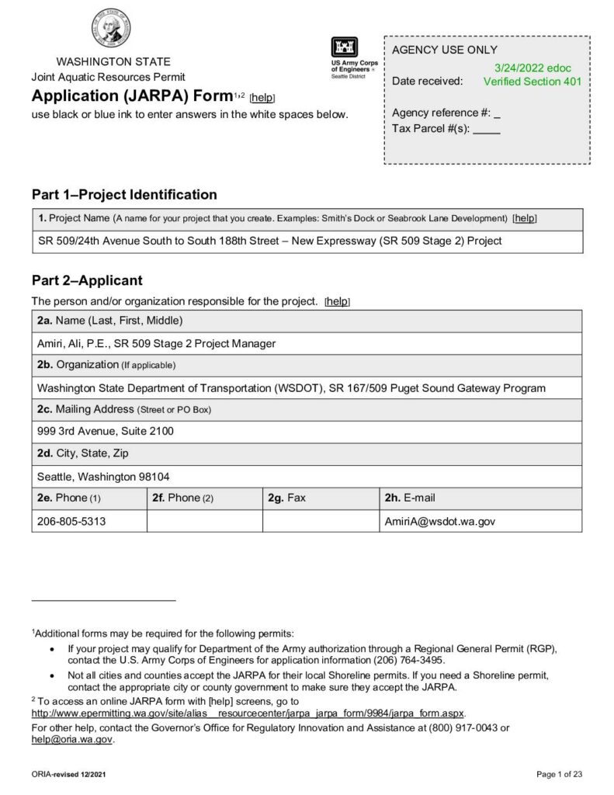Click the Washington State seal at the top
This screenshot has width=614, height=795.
pos(109,29)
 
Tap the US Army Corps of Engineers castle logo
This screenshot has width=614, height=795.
pos(345,47)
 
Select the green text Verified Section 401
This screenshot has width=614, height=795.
pos(532,82)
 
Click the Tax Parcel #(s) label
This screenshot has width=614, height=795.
pos(431,128)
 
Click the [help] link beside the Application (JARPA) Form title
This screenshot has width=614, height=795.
pos(262,98)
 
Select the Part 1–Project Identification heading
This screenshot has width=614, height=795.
pos(124,194)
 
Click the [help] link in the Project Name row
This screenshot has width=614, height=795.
pos(525,218)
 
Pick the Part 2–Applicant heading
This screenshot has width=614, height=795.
pos(87,280)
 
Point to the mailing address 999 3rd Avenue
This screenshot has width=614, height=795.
pos(106,431)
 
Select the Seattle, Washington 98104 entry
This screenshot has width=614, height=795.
pos(103,476)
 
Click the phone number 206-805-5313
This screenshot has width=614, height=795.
pos(71,521)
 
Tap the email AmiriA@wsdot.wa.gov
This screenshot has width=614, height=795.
pos(439,521)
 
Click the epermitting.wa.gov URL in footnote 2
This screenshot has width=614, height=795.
pos(248,713)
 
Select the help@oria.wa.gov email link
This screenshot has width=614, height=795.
pos(71,740)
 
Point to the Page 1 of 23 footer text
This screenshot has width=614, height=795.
pos(559,774)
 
